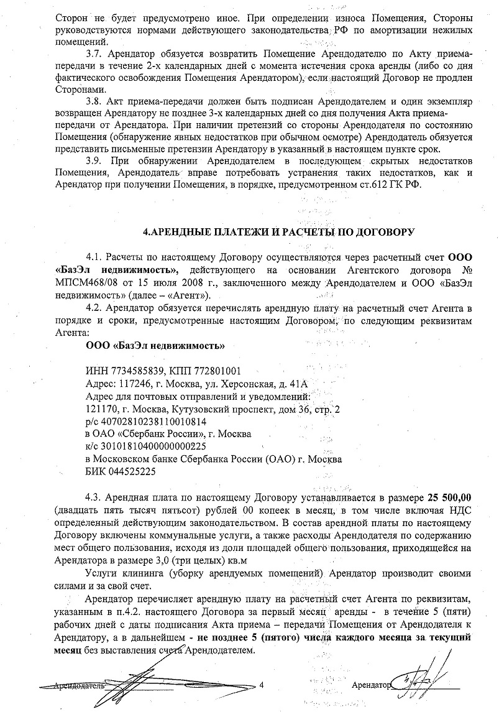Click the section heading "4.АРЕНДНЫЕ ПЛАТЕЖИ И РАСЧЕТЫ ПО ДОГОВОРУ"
[278, 233]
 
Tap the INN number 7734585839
[131, 370]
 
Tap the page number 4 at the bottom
[262, 686]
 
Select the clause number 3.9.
[94, 161]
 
